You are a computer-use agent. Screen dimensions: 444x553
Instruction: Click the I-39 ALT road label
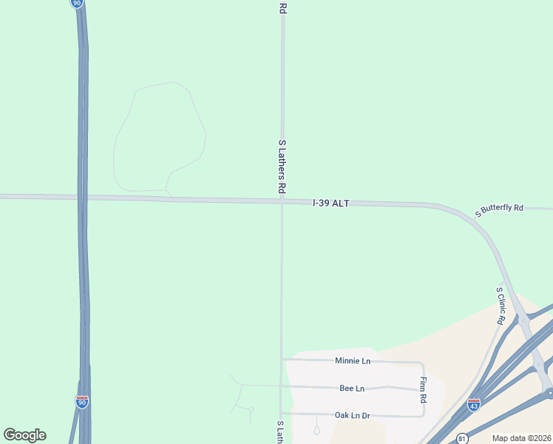pos(330,202)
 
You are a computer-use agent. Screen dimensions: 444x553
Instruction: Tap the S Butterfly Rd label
pos(499,209)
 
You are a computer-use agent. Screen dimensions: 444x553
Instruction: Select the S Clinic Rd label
pos(501,306)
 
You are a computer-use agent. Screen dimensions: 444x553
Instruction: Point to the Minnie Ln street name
pos(352,361)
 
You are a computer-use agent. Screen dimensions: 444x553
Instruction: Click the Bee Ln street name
pos(352,388)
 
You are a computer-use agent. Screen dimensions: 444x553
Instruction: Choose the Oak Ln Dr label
pos(352,415)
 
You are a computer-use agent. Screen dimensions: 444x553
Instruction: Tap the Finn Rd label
pos(424,389)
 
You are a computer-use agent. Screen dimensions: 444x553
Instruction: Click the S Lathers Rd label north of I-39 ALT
pos(282,166)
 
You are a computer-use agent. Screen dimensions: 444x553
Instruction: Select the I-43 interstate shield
pos(474,405)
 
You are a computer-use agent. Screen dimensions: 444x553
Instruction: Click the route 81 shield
pos(462,438)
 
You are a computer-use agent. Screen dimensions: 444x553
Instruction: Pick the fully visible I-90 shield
pos(81,402)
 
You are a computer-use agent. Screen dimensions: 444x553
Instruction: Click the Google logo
pos(24,435)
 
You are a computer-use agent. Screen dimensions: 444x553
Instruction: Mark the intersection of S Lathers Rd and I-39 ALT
pos(282,201)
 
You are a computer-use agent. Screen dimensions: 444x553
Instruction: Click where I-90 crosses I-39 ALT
pos(84,198)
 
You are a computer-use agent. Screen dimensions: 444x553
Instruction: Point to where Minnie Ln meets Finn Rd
pos(423,363)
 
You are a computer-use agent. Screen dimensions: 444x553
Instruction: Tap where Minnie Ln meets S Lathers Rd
pos(282,360)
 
